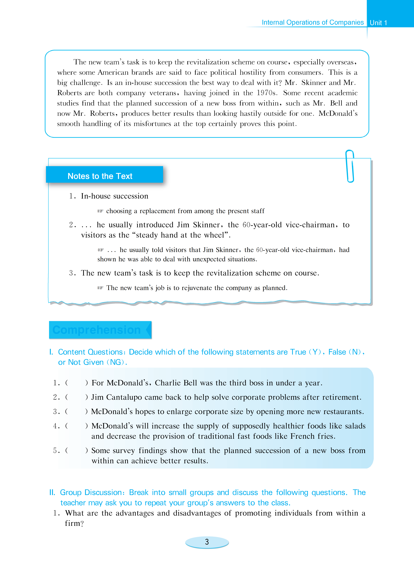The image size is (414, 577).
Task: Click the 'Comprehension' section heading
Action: coord(97,330)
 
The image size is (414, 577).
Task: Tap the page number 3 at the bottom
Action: coord(207,542)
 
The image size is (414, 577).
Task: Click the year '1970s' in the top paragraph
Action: coord(266,93)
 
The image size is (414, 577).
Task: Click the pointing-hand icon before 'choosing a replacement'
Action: coord(100,211)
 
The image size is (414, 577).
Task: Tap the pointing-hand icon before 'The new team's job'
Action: coord(100,288)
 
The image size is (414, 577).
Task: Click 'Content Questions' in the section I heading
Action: coord(90,352)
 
